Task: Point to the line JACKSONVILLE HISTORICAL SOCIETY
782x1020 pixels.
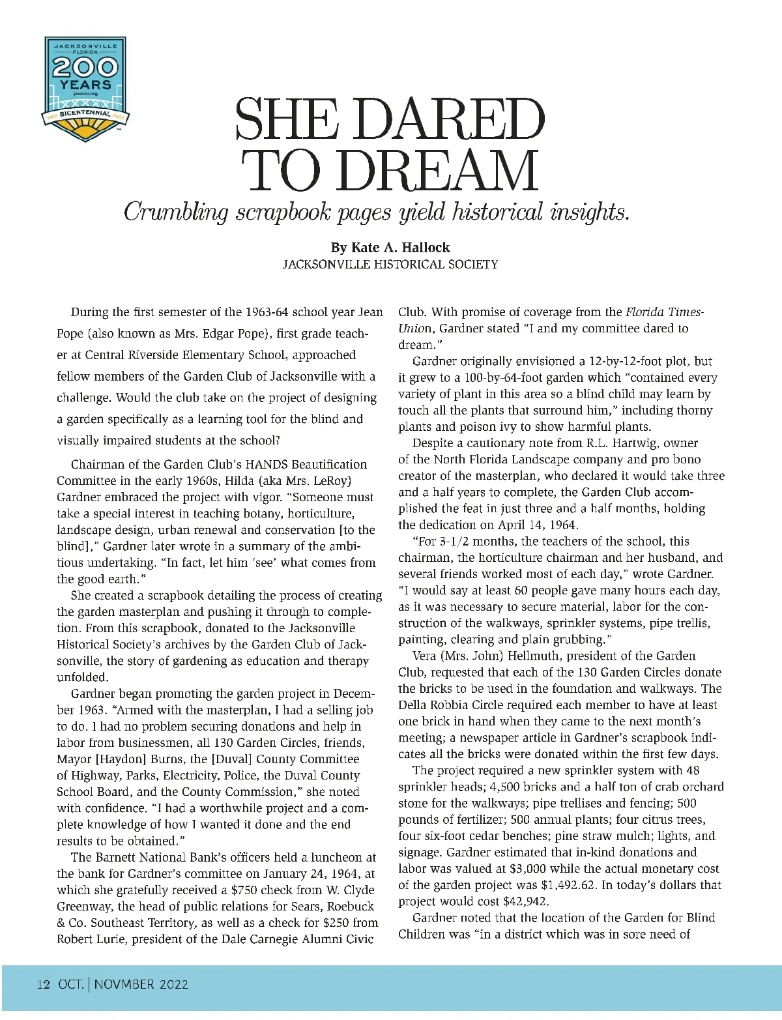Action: pos(390,265)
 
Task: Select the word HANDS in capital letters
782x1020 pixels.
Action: pos(221,465)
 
